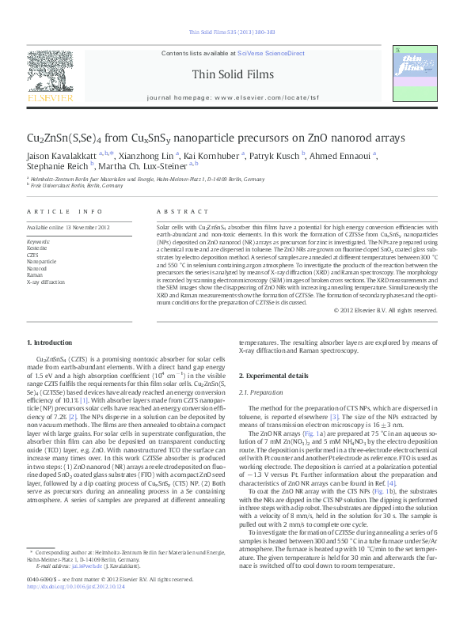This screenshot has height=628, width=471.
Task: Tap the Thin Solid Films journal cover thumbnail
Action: click(411, 73)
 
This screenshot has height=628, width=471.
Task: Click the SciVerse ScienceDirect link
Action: click(271, 53)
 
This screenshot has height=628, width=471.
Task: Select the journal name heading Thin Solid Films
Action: click(233, 74)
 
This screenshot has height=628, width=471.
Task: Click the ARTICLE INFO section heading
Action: click(65, 212)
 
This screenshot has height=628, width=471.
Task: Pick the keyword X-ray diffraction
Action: click(46, 281)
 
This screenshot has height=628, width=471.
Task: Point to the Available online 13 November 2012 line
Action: click(68, 228)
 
